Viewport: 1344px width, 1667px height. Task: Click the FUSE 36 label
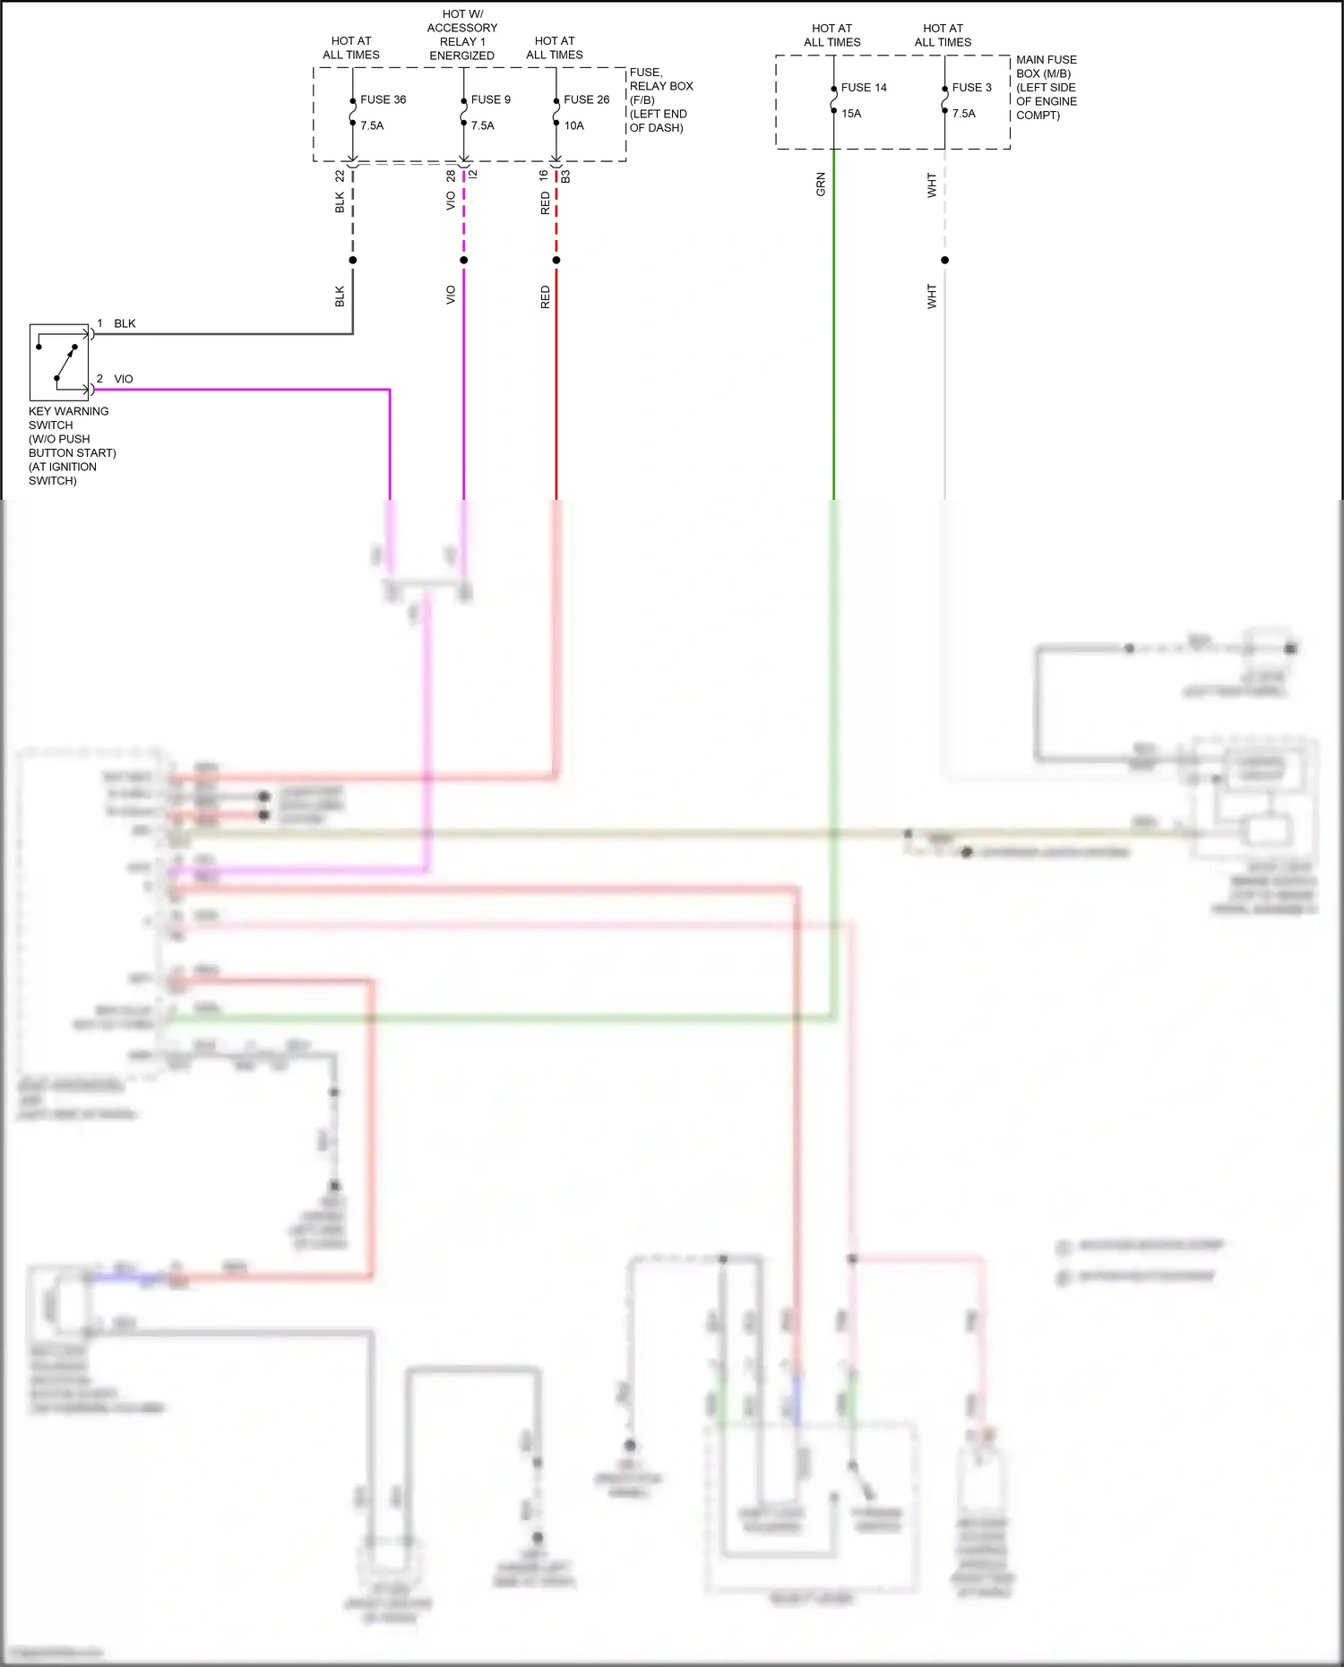[x=383, y=99]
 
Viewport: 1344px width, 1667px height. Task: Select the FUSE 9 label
[x=490, y=99]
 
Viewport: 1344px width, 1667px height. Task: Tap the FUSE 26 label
[x=586, y=99]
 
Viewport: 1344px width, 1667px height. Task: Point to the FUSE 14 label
[x=864, y=88]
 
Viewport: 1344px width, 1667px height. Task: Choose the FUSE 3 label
[x=971, y=88]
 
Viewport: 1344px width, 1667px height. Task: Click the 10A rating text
[x=573, y=125]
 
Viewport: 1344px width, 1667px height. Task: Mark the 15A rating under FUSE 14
[x=851, y=114]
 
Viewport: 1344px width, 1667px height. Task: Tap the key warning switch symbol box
[x=59, y=362]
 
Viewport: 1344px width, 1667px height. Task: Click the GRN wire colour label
[x=821, y=185]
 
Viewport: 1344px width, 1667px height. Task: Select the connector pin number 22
[x=340, y=176]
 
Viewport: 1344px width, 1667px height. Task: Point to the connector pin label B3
[x=565, y=176]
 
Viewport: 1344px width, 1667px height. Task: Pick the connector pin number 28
[x=451, y=176]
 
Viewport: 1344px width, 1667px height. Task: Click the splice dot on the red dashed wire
[x=556, y=261]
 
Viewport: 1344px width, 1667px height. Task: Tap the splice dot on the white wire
[x=944, y=261]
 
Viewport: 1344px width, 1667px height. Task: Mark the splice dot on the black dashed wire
[x=353, y=261]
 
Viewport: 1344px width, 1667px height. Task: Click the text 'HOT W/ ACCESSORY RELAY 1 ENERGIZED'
[x=462, y=35]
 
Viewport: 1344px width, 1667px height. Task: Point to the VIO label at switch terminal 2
[x=124, y=379]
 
